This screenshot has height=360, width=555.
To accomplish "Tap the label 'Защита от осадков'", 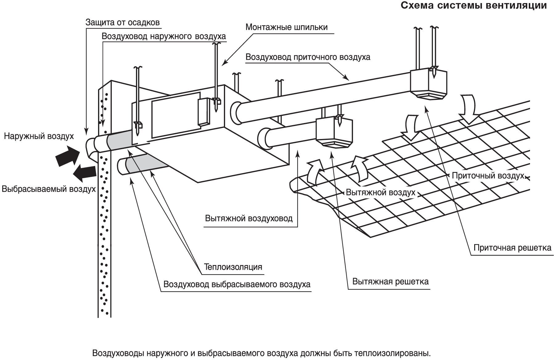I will coord(122,22).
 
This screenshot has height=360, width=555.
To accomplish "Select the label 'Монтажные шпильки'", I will coord(286,27).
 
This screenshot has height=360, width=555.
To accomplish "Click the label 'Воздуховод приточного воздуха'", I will coord(308,57).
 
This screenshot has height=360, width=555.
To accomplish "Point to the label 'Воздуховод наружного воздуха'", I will coord(163,36).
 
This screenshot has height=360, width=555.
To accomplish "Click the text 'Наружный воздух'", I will coord(39,136).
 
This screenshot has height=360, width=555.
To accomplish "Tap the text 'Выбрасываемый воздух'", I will coord(48,189).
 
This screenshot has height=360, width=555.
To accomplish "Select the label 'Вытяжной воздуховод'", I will coord(249,219).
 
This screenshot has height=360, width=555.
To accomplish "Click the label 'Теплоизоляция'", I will coord(233,267).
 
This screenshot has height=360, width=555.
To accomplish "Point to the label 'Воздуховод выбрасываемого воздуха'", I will coord(237,284).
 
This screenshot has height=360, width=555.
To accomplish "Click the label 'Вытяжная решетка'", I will coord(390,282).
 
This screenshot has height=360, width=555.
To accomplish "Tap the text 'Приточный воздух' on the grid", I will coord(488,176).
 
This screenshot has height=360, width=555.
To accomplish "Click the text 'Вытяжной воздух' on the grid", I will coord(380,193).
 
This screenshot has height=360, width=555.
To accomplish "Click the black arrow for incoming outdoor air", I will coord(67,156).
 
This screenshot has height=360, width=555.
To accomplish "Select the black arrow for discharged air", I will coord(85,173).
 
